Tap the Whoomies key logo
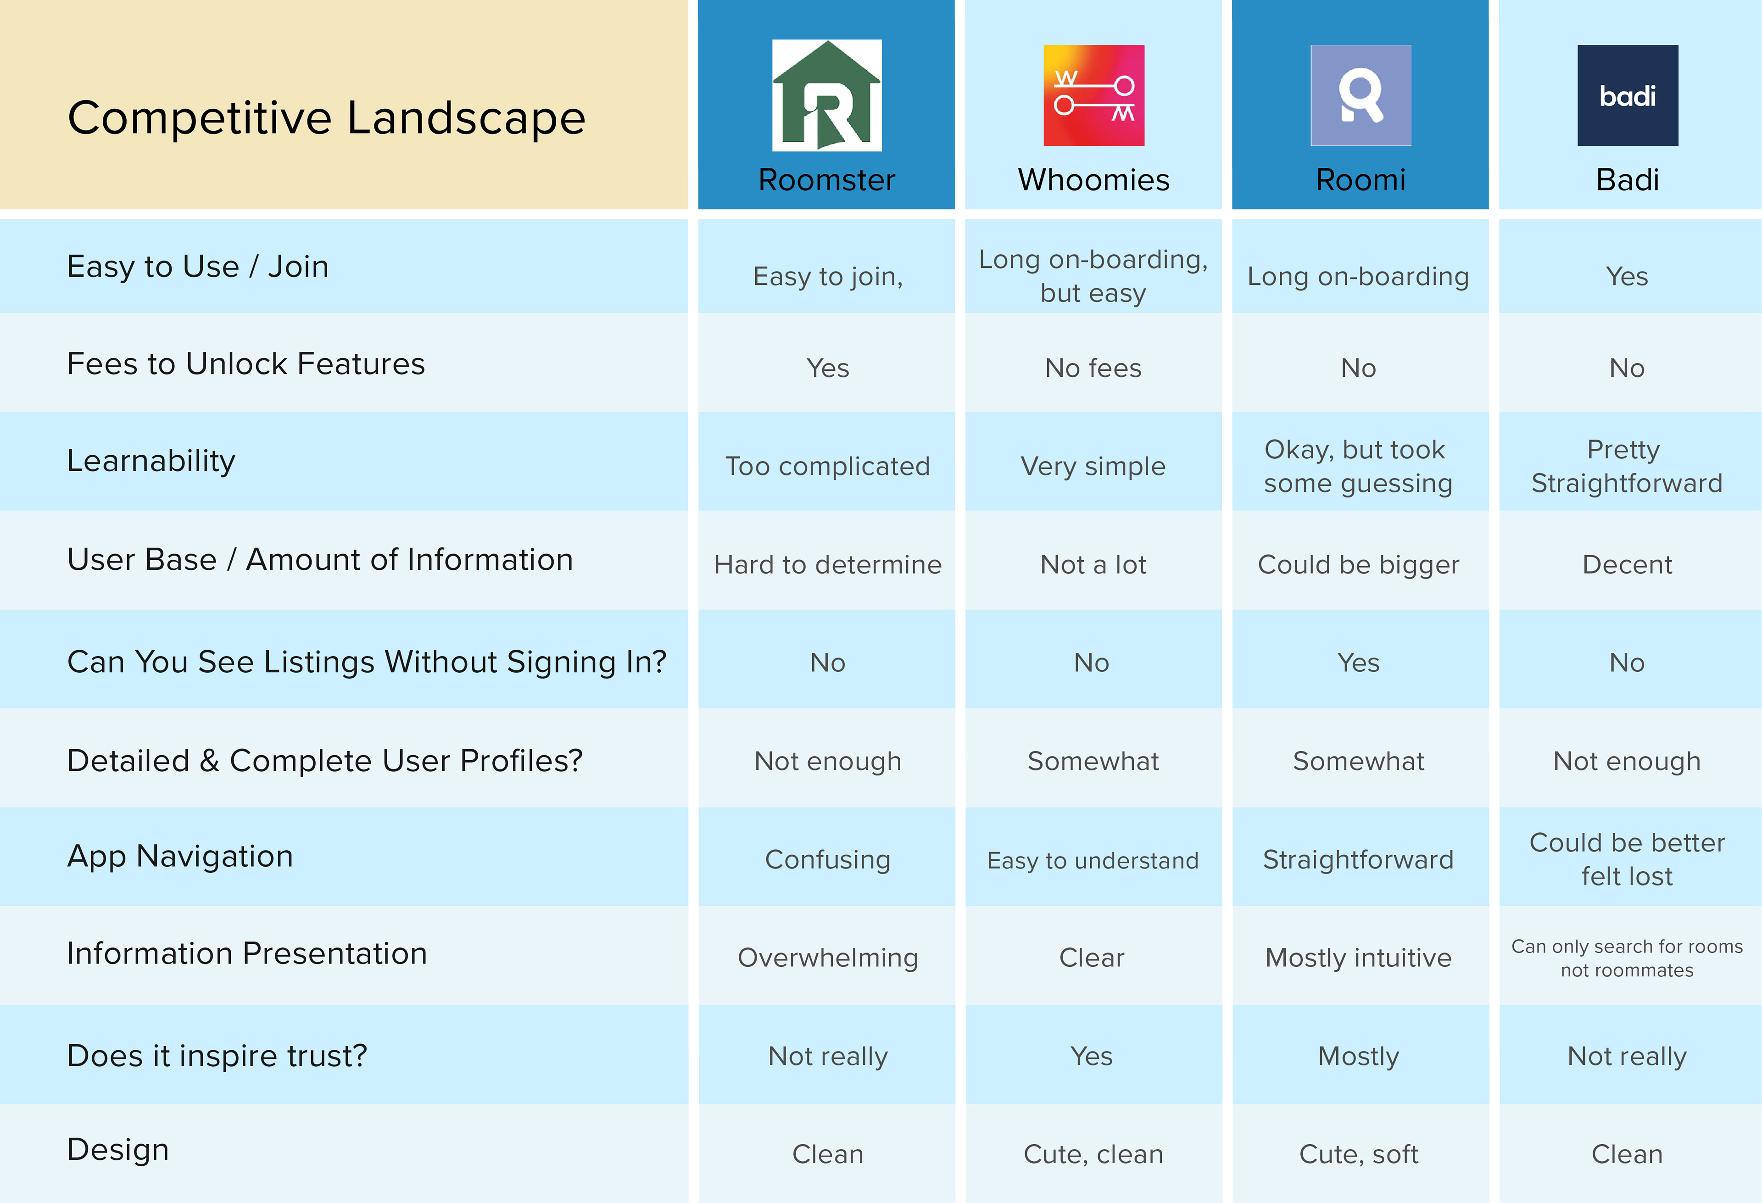click(1093, 95)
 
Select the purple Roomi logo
click(1361, 95)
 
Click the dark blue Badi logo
click(1628, 95)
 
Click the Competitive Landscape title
click(327, 118)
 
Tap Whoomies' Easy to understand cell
click(1093, 860)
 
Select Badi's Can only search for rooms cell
click(1627, 958)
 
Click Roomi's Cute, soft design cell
click(1359, 1154)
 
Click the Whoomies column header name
click(1093, 180)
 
